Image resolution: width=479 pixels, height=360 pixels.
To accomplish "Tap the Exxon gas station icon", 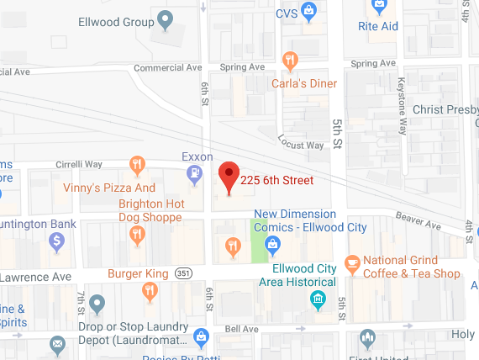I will tap(195, 175).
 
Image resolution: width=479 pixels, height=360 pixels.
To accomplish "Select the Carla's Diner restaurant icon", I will tap(290, 60).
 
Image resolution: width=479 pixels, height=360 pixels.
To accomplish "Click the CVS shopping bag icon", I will tap(309, 10).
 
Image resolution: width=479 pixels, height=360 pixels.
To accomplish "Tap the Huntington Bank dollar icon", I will tap(57, 242).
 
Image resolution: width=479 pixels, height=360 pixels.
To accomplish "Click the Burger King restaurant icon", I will tap(150, 292).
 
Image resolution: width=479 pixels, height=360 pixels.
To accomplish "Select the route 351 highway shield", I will tap(184, 273).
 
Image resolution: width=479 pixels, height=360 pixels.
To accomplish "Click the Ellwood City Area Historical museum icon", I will tap(318, 299).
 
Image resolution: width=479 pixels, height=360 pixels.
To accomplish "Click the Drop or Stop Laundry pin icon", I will tap(97, 303).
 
